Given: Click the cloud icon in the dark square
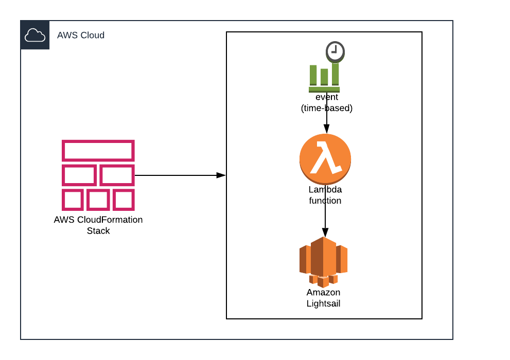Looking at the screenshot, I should point(35,35).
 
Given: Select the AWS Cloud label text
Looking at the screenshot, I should point(81,35).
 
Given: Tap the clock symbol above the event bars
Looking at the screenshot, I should point(335,51).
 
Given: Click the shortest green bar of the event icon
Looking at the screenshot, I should point(324,77).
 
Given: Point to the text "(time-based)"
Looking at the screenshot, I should point(326,108).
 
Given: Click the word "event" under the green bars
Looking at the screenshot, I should point(327,97).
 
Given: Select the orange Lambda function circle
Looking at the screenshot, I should point(325,159).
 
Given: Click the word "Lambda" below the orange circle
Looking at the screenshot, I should point(325,190).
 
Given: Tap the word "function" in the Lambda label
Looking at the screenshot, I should point(325,201).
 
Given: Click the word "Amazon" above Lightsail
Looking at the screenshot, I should point(323,292).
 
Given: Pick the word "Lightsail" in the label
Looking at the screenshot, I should point(323,303).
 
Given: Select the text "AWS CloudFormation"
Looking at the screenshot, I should point(98,220).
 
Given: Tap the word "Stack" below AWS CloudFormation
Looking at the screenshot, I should point(98,231).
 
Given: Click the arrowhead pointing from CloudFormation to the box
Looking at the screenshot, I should point(221,175).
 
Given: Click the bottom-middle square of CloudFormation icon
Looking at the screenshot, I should point(98,200).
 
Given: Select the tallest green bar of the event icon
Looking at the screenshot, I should point(336,74).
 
